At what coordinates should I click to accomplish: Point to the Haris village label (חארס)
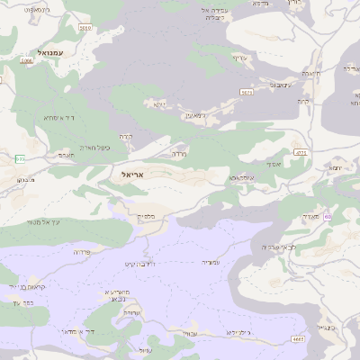pos(66,155)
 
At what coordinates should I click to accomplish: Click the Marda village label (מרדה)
pos(179,154)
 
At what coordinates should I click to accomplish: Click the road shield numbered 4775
pos(301,154)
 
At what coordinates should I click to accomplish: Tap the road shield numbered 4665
pos(298,338)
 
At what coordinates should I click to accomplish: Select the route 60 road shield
pos(328,217)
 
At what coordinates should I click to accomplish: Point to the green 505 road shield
pos(19,158)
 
